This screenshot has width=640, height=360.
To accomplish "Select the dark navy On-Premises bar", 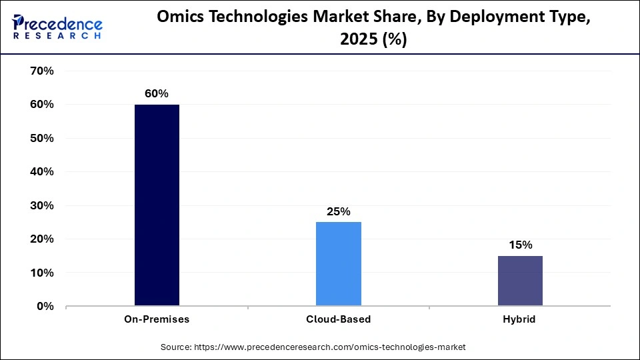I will click(x=157, y=205).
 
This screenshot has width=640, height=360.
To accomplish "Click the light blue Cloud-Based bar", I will click(x=339, y=264).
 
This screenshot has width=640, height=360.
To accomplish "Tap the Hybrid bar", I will click(x=520, y=281).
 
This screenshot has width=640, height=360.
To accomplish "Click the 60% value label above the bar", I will click(x=157, y=94).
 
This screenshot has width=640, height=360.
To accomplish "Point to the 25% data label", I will click(x=339, y=211).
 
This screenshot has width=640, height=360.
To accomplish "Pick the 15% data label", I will click(x=520, y=245).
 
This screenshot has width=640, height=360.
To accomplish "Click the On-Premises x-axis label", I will click(x=157, y=319).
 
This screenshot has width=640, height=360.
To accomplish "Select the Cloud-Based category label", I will click(x=339, y=319).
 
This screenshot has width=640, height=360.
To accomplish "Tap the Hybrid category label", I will click(x=520, y=319).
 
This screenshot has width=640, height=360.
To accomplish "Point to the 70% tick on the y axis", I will click(x=41, y=71).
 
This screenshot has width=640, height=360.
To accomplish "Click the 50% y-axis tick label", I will click(x=41, y=138).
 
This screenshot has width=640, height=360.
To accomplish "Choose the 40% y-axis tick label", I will click(x=41, y=172).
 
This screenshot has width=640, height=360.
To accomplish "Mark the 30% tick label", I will click(x=41, y=205).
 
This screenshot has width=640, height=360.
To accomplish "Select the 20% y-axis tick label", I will click(x=41, y=239).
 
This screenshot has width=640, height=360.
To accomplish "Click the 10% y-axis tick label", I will click(x=41, y=273).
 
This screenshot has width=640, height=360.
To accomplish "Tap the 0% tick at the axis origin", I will click(x=44, y=307).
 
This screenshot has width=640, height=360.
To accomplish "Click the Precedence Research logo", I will click(x=57, y=27).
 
